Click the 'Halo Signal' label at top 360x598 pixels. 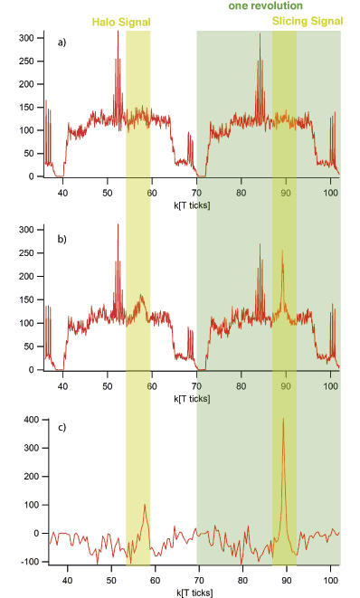coord(119,21)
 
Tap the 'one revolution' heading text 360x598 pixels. coord(265,6)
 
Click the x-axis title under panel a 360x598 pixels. coord(191,204)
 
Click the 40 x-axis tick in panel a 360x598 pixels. coord(63,192)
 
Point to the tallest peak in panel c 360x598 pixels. coord(283,420)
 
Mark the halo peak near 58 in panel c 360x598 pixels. coord(145,505)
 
